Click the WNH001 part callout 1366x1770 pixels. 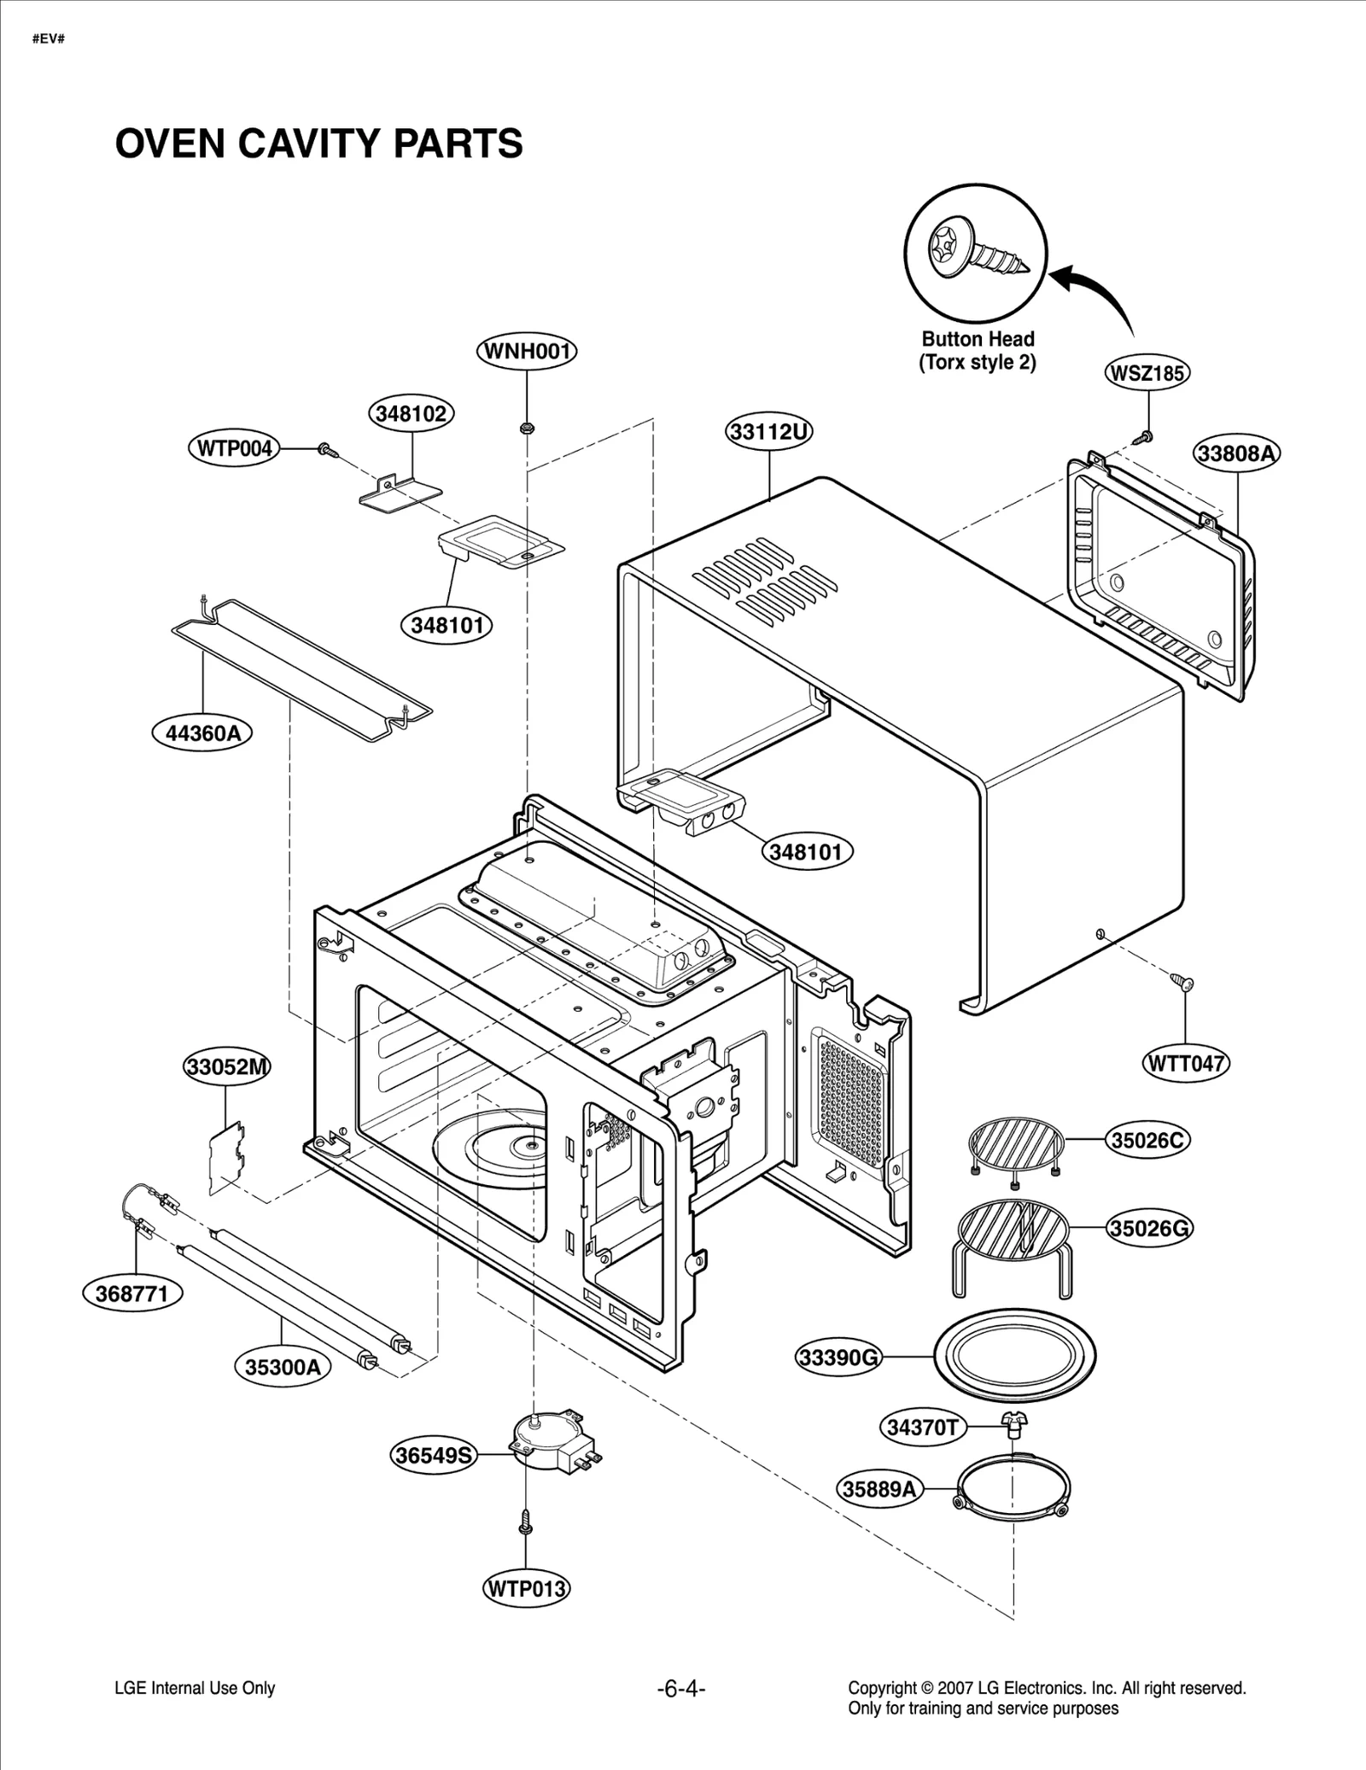click(527, 351)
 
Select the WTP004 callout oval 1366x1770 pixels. click(234, 448)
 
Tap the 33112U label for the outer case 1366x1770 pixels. click(769, 432)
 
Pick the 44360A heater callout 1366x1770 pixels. click(202, 733)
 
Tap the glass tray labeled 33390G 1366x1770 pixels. click(1015, 1355)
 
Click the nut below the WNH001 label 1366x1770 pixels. click(527, 426)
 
